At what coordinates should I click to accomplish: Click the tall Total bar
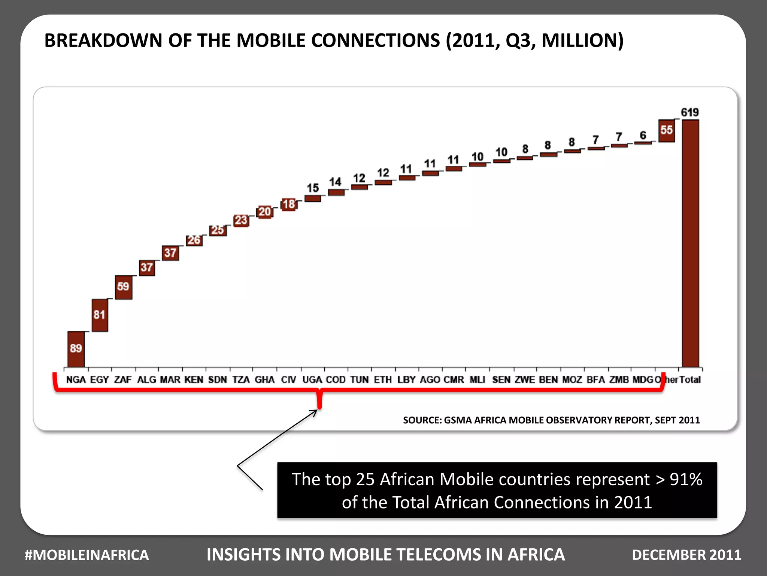tap(690, 244)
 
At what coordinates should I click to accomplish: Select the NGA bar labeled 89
tap(76, 349)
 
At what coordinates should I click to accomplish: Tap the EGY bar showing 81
tap(100, 315)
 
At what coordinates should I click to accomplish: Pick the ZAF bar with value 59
tap(123, 287)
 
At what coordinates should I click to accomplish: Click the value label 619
tap(689, 112)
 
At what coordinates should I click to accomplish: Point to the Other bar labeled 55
tap(666, 130)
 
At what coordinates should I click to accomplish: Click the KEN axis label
tap(194, 379)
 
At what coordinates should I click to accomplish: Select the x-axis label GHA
tap(264, 379)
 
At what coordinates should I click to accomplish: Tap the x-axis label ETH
tap(383, 379)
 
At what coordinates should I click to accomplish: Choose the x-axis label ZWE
tap(524, 379)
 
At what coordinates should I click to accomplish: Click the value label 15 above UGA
tap(313, 188)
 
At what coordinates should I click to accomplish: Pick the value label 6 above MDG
tap(643, 135)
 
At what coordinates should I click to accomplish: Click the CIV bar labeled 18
tap(289, 204)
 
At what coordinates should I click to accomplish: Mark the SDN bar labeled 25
tap(218, 230)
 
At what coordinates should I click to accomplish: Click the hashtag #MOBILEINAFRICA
tap(87, 555)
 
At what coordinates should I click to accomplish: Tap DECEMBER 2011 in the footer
tap(686, 555)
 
